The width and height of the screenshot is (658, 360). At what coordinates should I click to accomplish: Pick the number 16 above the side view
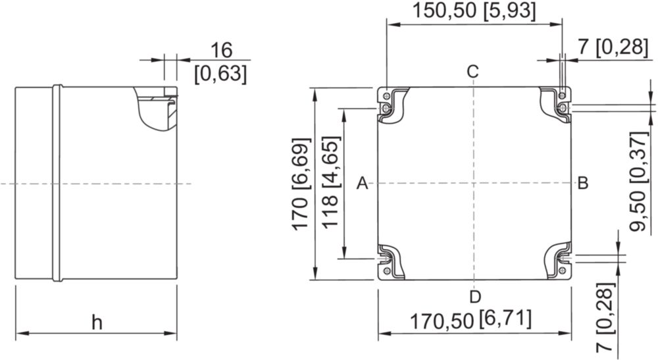[x=221, y=51]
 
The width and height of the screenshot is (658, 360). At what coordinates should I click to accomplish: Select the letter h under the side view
[x=97, y=322]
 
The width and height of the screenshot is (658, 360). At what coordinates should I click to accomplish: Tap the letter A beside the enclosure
[x=363, y=184]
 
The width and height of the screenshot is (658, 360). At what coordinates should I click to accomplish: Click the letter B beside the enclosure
[x=583, y=184]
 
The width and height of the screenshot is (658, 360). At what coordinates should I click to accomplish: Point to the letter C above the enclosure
[x=473, y=72]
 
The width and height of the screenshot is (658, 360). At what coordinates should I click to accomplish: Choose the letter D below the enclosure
[x=475, y=297]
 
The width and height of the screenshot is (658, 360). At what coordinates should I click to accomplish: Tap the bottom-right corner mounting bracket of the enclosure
[x=559, y=261]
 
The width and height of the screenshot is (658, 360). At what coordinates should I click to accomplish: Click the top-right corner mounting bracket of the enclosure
[x=557, y=103]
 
